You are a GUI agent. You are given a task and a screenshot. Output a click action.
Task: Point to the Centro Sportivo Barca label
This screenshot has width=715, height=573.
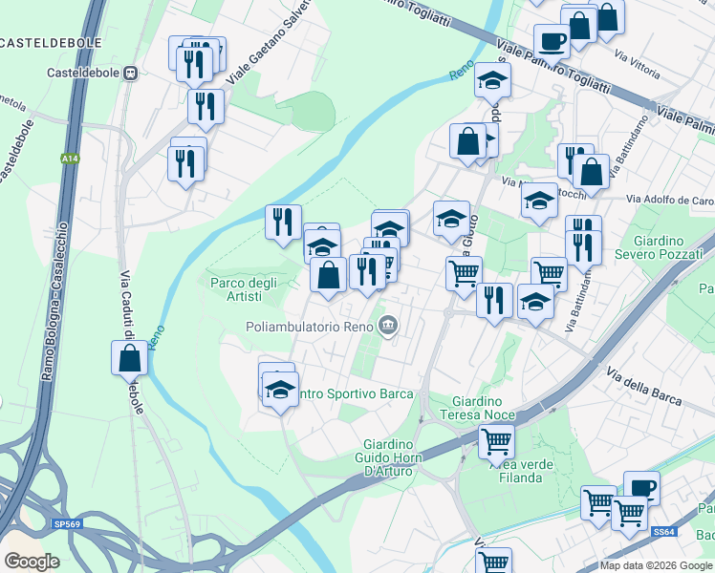tap(355, 393)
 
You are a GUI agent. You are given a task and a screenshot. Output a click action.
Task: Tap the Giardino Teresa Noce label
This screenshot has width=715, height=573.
tap(477, 408)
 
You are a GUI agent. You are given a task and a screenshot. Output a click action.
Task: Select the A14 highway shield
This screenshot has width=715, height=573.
tap(70, 159)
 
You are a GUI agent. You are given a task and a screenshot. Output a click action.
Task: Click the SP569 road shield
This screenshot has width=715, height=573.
tap(67, 524)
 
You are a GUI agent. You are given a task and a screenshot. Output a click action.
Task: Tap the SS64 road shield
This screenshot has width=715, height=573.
tap(663, 531)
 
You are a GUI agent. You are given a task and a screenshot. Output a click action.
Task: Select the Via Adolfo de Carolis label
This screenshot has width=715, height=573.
tap(670, 200)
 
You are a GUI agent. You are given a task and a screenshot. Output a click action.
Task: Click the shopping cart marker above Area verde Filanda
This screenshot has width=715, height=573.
tap(497, 441)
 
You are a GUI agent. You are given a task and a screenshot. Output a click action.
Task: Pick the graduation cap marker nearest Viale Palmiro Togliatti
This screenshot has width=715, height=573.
tap(493, 79)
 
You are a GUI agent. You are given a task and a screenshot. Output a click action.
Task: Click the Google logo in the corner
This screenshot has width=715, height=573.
tap(32, 561)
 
